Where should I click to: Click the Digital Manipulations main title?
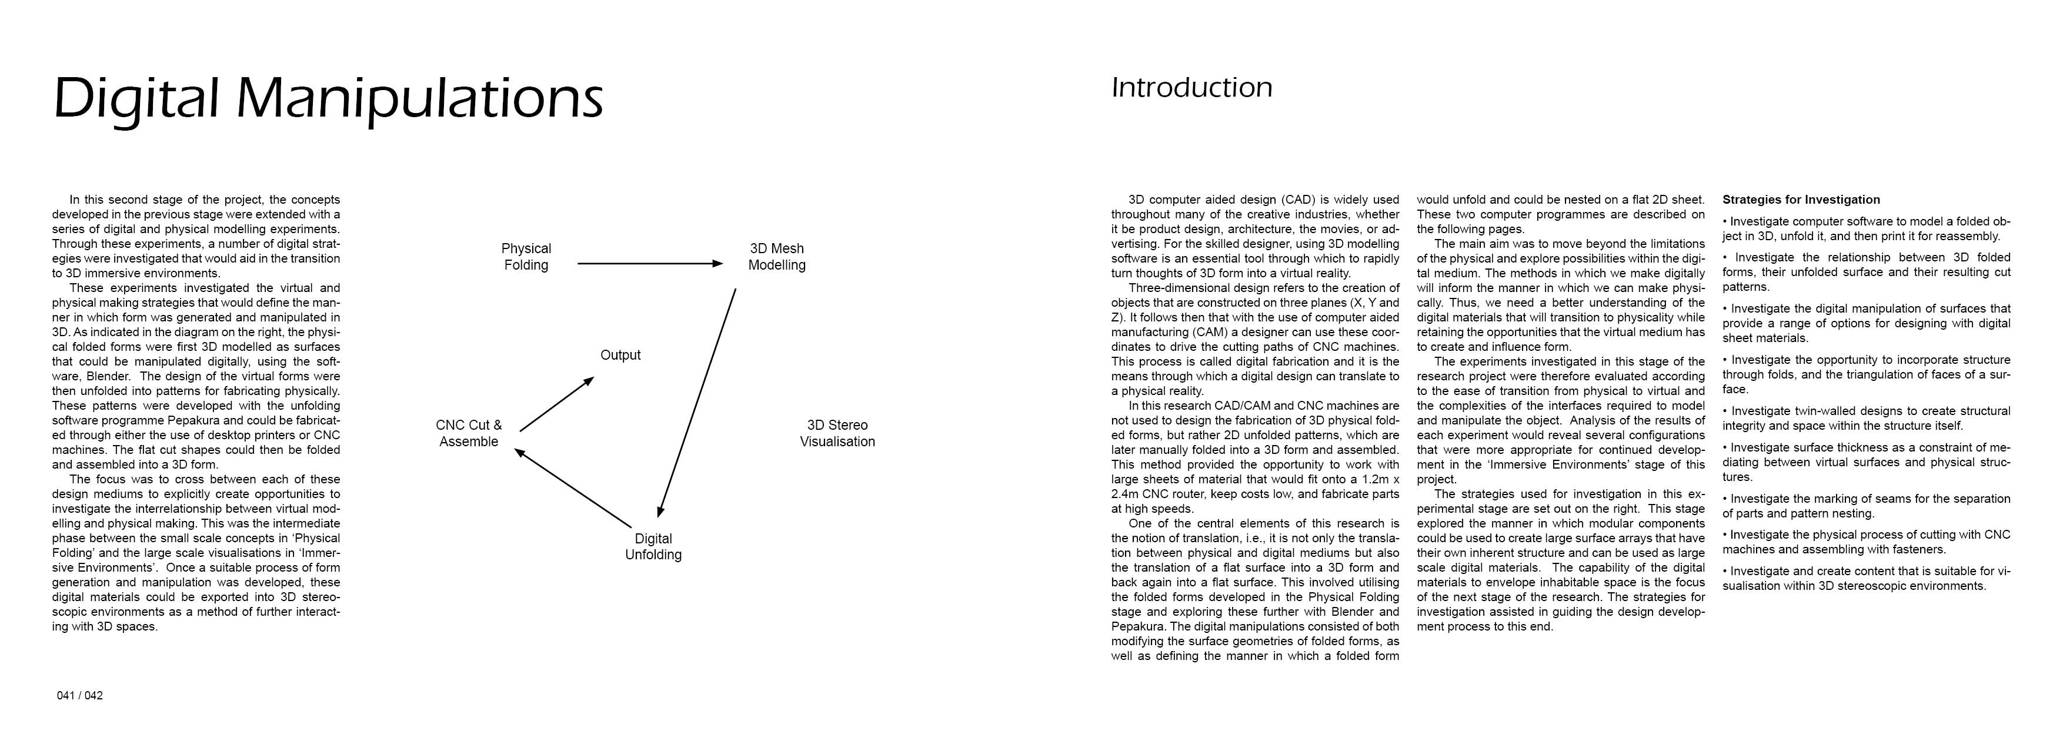328,98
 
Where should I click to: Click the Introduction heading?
1191,87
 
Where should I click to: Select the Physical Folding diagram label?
526,257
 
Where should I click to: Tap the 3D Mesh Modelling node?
776,257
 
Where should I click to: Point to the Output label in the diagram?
620,355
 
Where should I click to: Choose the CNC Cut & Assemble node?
469,433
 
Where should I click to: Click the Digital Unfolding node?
653,546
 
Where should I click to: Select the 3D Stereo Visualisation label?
837,433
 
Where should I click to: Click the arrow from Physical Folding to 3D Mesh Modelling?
649,263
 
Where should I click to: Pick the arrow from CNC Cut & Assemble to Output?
556,404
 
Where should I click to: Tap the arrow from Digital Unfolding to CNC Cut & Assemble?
573,489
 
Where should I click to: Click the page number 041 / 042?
79,695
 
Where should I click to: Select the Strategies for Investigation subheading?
1801,200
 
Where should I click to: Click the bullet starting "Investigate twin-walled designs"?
1866,419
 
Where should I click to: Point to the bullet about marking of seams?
1866,506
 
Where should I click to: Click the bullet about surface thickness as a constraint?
1866,462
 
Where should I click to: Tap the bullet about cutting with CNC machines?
1866,542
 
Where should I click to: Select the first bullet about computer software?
1866,228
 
